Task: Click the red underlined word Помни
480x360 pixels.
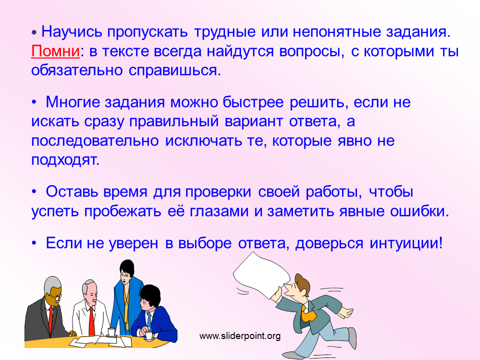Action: (55, 51)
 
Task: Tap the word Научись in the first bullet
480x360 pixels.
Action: (71, 32)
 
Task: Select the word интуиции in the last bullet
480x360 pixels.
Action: (405, 243)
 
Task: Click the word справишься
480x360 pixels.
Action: (174, 71)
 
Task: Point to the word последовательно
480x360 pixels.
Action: (95, 141)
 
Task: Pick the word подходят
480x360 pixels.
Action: (65, 160)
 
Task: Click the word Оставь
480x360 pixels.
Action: (71, 192)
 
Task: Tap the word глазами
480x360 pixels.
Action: (219, 211)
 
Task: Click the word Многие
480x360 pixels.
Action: (73, 102)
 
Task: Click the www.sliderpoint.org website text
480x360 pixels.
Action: (240, 336)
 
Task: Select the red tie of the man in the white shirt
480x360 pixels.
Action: (91, 321)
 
